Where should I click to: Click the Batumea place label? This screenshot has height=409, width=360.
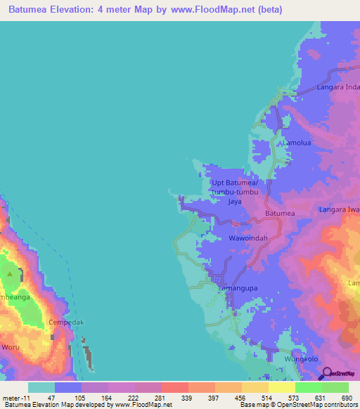click(x=280, y=213)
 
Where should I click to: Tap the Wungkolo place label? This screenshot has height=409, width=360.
click(x=299, y=359)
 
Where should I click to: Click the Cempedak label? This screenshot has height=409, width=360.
click(x=66, y=323)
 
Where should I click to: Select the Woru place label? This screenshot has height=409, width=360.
click(x=11, y=347)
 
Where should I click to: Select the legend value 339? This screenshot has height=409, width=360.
click(x=186, y=398)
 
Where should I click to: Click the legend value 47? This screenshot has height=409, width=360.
click(x=53, y=398)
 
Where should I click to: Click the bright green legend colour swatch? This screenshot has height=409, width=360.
click(x=308, y=387)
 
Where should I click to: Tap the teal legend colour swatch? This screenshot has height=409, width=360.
click(x=41, y=387)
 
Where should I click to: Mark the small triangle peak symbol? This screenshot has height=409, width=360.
click(x=9, y=273)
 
